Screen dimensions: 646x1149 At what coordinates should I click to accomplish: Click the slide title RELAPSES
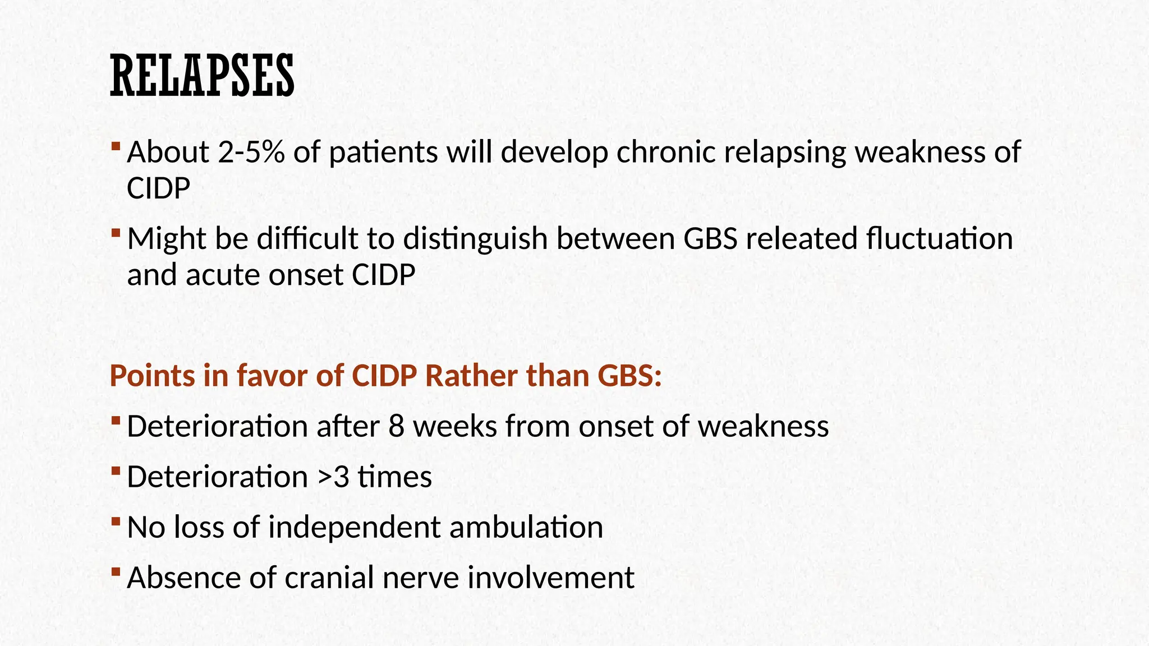[x=202, y=76]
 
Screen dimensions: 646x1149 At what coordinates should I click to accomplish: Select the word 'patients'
[x=383, y=153]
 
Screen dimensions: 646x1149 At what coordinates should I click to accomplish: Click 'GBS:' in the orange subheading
[x=629, y=376]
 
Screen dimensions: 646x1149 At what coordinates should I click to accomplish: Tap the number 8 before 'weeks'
[x=396, y=427]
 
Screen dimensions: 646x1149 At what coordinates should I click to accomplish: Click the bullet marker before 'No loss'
[x=116, y=521]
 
